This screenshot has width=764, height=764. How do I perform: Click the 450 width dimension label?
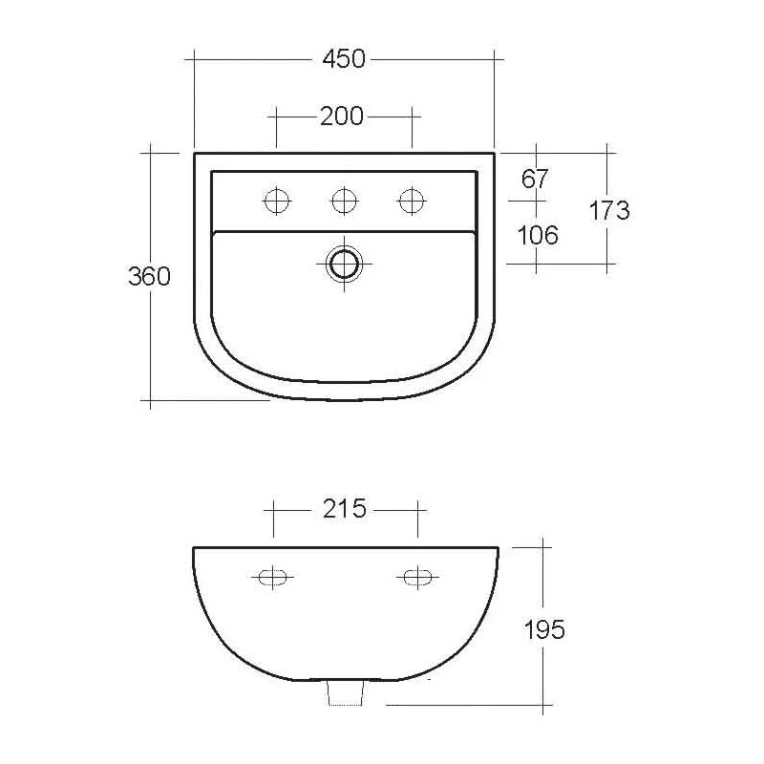[344, 59]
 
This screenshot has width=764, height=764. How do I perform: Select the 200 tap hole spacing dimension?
[342, 117]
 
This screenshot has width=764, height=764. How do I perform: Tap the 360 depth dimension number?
[150, 277]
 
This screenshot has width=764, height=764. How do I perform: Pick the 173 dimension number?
[609, 210]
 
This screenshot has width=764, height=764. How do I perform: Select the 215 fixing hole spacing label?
[344, 508]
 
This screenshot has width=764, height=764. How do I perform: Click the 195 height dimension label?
[544, 630]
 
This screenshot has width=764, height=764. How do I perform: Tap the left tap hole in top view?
[277, 201]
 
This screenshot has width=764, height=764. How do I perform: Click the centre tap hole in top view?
[344, 201]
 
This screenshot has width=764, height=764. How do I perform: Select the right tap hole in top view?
[412, 201]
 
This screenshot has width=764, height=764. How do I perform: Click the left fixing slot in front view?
[272, 576]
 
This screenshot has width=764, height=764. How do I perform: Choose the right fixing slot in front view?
[416, 576]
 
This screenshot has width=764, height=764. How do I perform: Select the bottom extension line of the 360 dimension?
[210, 401]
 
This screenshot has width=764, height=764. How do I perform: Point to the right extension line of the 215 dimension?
[417, 520]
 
